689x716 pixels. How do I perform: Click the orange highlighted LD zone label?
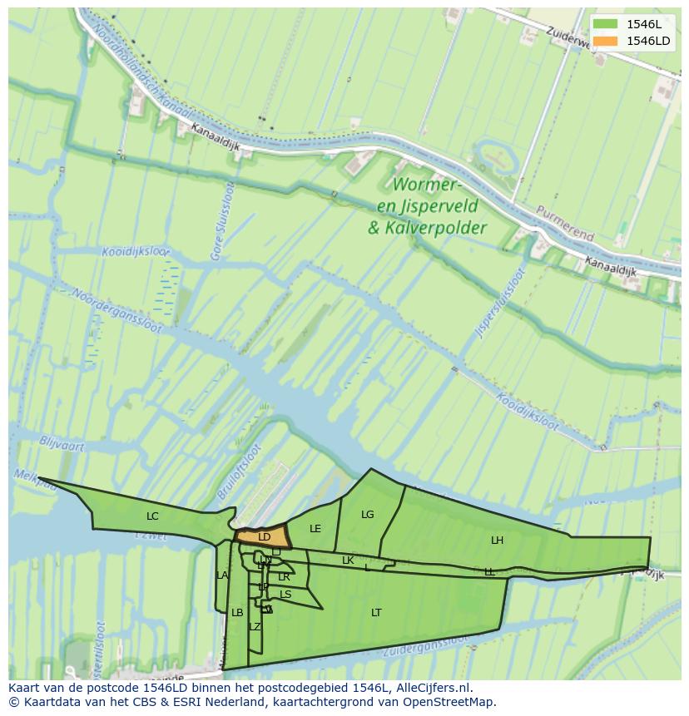264,537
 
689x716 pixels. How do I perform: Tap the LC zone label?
152,516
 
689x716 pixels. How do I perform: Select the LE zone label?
315,529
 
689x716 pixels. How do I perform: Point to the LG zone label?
368,515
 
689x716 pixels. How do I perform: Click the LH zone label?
497,541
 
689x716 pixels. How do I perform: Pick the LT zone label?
376,613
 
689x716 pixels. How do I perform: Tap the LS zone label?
285,595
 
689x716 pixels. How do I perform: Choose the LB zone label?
237,613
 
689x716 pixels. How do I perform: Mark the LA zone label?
222,575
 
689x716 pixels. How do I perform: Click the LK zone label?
348,560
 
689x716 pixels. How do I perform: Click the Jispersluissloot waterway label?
502,303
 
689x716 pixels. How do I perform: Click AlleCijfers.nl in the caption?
432,688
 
